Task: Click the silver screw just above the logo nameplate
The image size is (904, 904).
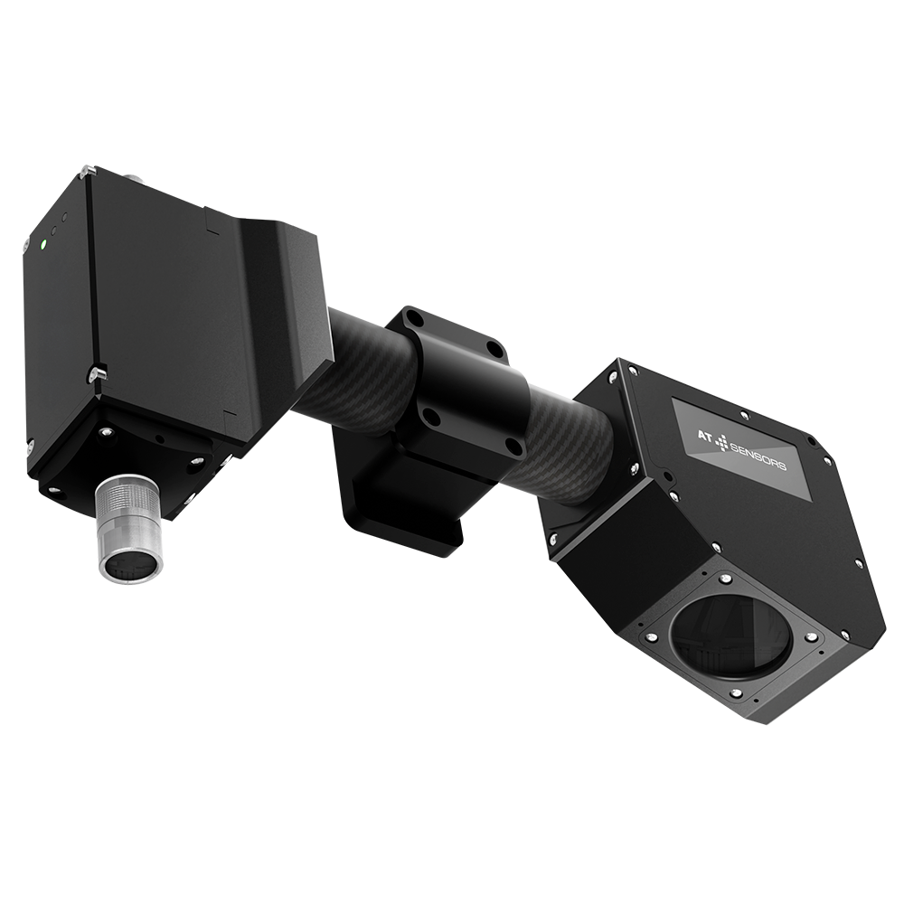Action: [x=744, y=413]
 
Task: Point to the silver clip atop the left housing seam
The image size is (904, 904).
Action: [x=87, y=169]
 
